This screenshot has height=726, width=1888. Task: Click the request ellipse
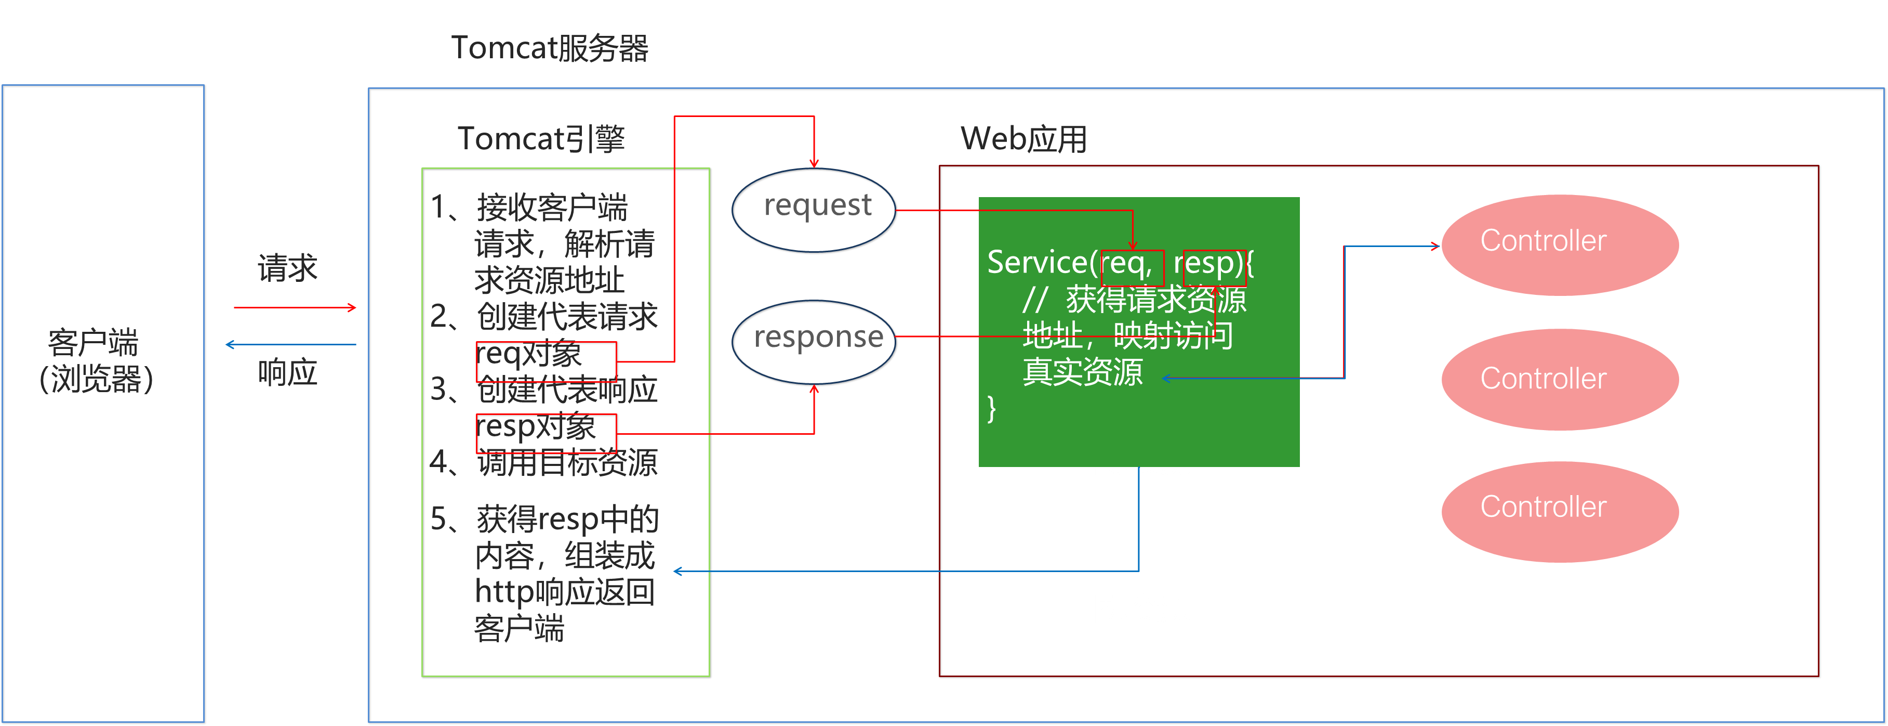click(x=814, y=210)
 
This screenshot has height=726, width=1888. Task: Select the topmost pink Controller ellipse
click(x=1560, y=244)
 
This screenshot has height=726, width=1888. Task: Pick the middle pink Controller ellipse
click(x=1560, y=379)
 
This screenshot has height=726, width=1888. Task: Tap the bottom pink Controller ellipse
click(x=1560, y=511)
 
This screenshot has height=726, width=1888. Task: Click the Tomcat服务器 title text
click(x=549, y=48)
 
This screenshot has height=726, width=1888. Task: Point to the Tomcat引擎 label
click(x=541, y=139)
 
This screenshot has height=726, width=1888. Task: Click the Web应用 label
click(x=1023, y=139)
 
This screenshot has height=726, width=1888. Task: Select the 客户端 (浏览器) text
click(x=95, y=361)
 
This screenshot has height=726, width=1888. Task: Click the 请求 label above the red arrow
click(x=287, y=268)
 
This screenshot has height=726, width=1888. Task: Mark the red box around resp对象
click(x=547, y=433)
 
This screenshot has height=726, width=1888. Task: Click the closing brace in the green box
click(x=992, y=408)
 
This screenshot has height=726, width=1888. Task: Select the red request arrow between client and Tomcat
click(x=295, y=308)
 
